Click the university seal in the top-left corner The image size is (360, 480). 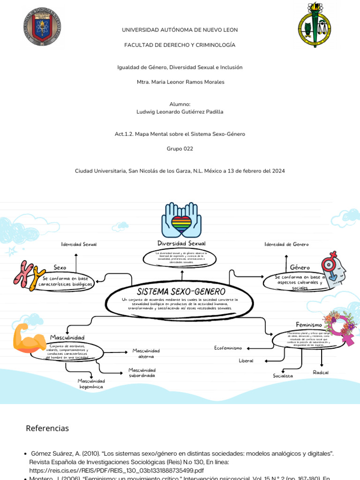[42, 26]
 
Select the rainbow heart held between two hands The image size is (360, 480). [181, 221]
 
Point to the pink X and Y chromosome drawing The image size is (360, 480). [29, 276]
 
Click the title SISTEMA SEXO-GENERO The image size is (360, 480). [181, 292]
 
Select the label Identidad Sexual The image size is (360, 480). [79, 244]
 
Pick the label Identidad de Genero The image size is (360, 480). [286, 244]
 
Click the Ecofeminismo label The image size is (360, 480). [228, 348]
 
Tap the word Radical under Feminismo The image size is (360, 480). [321, 372]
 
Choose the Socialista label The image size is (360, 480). [283, 376]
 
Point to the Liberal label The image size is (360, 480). [246, 361]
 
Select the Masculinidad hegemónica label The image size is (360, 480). [91, 384]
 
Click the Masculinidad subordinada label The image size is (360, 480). [142, 373]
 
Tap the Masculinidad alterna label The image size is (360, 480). [146, 353]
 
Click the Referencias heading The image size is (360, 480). [47, 428]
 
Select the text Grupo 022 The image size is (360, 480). [180, 149]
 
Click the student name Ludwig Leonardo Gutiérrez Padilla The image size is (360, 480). [180, 112]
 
